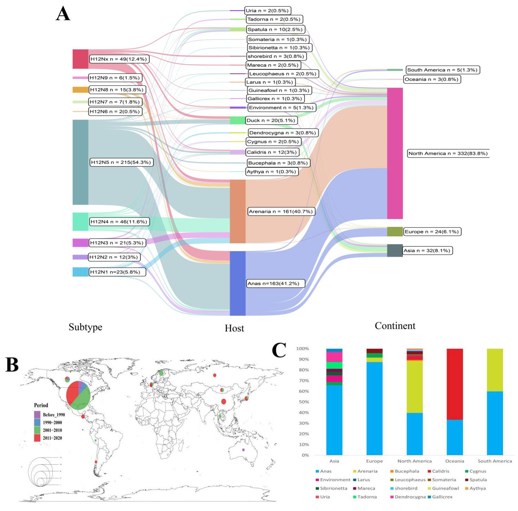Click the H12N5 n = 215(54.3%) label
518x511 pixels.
(121, 162)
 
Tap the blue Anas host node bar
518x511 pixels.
(238, 283)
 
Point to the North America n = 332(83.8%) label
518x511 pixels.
(448, 153)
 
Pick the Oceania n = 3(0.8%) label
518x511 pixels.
(432, 79)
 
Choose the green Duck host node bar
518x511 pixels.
(238, 120)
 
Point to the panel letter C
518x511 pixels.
(279, 350)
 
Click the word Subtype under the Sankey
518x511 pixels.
(85, 327)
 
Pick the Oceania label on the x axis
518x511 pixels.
(455, 461)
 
